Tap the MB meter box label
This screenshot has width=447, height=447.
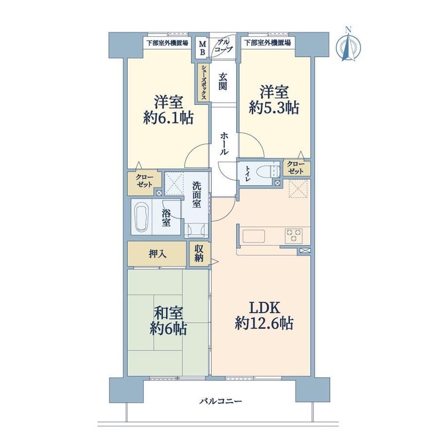[x=203, y=48]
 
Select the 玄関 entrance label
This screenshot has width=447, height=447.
[x=223, y=82]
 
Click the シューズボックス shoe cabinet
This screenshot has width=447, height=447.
[x=204, y=82]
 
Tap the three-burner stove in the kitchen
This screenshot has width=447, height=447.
[x=293, y=236]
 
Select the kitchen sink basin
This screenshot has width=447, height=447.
[x=254, y=236]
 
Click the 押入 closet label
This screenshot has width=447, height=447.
[x=157, y=254]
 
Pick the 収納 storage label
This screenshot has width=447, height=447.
[x=199, y=253]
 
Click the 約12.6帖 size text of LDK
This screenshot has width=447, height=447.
[x=264, y=324]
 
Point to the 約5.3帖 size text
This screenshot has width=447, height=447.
[x=274, y=108]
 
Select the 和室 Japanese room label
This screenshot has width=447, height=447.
[x=168, y=313]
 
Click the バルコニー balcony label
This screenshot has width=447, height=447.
[x=221, y=402]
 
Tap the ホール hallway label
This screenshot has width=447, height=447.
[x=224, y=143]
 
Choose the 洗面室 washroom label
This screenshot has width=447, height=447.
[x=196, y=195]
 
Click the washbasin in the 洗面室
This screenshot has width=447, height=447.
[x=196, y=229]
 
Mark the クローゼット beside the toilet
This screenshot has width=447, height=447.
[x=296, y=168]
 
